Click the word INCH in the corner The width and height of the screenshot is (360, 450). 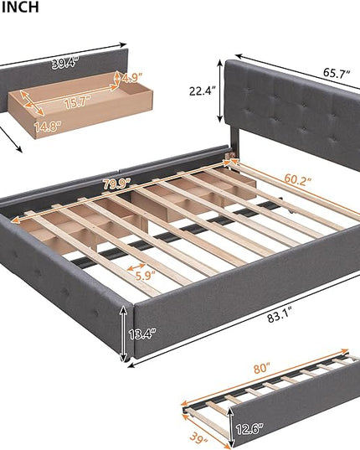click(x=20, y=7)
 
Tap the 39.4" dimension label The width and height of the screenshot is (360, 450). click(x=64, y=63)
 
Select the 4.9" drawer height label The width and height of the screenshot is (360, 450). click(x=132, y=77)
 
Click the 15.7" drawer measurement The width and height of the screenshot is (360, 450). click(x=77, y=102)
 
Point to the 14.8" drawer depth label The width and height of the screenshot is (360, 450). click(x=48, y=127)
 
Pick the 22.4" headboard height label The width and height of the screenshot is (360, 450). click(x=202, y=91)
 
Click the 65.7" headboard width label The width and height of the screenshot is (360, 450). click(x=337, y=73)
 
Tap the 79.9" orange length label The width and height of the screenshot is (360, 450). click(x=116, y=184)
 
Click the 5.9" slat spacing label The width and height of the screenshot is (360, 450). click(x=146, y=276)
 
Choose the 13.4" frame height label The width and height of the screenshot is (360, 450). click(x=142, y=334)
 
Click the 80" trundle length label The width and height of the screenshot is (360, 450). click(x=262, y=368)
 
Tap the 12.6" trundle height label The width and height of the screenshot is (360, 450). click(x=249, y=429)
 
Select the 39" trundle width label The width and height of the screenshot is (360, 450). click(x=198, y=439)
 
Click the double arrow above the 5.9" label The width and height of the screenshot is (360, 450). click(x=136, y=267)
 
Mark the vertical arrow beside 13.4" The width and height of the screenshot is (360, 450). click(x=124, y=334)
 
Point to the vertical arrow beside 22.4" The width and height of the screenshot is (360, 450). click(x=220, y=91)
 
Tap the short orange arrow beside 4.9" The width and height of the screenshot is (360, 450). click(x=117, y=77)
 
